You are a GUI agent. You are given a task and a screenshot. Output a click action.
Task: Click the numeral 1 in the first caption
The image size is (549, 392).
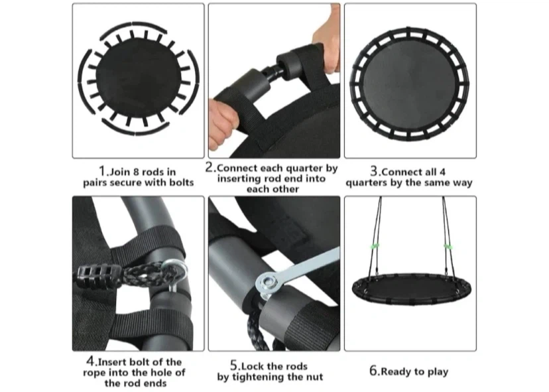click(x=102, y=171)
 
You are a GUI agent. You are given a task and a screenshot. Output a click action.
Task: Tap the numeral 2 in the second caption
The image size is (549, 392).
click(x=210, y=167)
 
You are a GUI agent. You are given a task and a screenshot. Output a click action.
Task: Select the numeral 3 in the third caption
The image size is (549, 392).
click(x=374, y=171)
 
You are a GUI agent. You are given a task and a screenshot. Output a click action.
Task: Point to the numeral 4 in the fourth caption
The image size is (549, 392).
click(x=90, y=361)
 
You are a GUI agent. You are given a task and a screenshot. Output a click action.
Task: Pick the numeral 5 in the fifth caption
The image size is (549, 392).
click(x=234, y=365)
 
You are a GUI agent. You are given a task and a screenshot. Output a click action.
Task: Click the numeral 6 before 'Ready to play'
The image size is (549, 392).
click(x=373, y=371)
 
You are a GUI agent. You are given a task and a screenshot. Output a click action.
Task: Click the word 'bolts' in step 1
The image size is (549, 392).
click(x=181, y=182)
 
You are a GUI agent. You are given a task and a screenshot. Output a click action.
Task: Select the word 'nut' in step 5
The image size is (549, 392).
click(x=315, y=377)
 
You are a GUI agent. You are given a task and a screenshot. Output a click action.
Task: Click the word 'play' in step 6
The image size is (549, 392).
click(x=438, y=372)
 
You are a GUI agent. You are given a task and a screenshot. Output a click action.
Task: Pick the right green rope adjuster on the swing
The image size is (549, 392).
click(x=448, y=246)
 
